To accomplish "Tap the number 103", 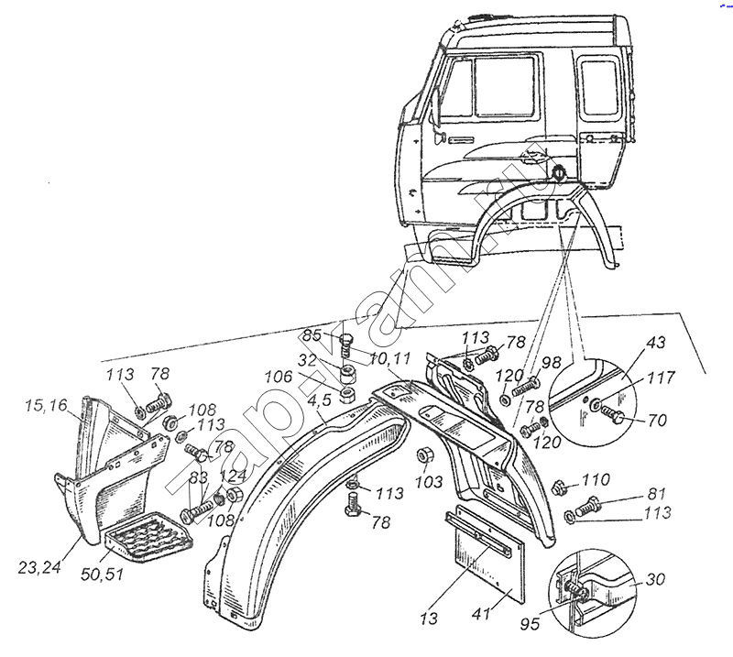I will point(429,480).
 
